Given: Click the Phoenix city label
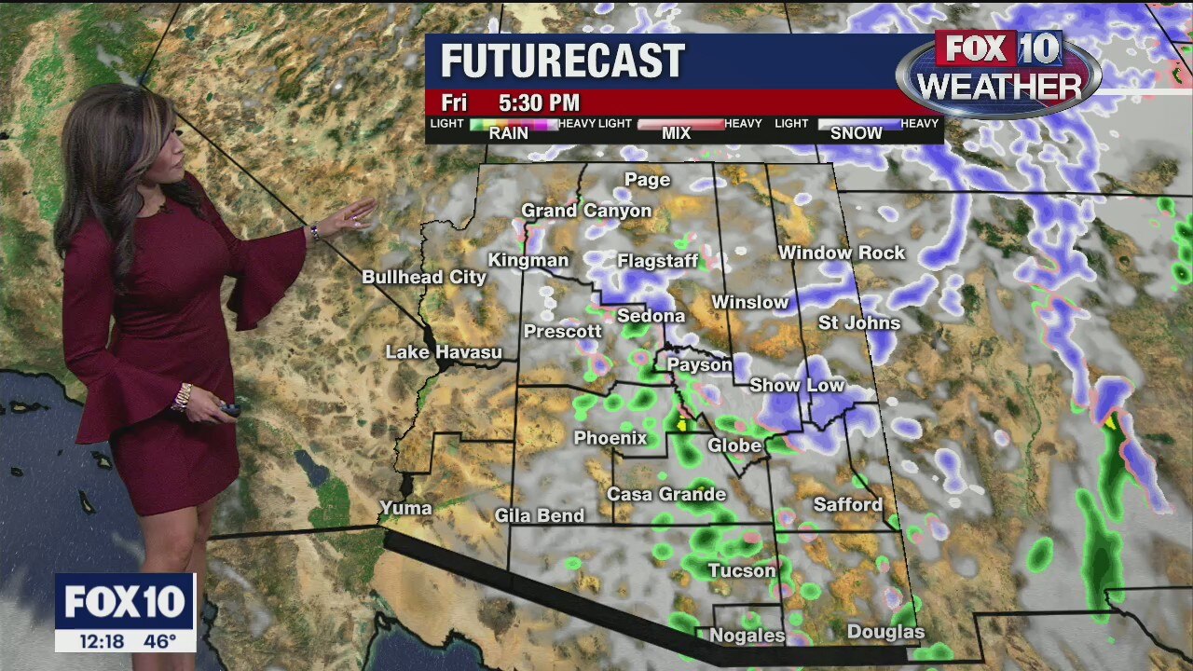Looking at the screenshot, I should pyautogui.click(x=610, y=438).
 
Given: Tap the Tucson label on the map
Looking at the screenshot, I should pyautogui.click(x=741, y=570).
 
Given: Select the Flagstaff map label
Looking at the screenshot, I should pyautogui.click(x=657, y=261).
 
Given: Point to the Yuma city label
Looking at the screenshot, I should pyautogui.click(x=405, y=508).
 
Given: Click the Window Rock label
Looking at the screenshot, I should pyautogui.click(x=842, y=253).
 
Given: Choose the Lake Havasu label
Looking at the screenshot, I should pyautogui.click(x=444, y=352).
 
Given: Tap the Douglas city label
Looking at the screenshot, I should pyautogui.click(x=885, y=633).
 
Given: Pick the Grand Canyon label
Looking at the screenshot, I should pyautogui.click(x=586, y=211).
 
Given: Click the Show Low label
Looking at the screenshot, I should pyautogui.click(x=797, y=385).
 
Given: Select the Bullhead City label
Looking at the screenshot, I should pyautogui.click(x=424, y=277).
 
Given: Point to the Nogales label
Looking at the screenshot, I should pyautogui.click(x=747, y=636).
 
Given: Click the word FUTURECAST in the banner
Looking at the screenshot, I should pyautogui.click(x=562, y=62).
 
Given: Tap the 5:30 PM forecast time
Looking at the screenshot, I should pyautogui.click(x=539, y=103).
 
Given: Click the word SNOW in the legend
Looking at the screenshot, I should pyautogui.click(x=856, y=133).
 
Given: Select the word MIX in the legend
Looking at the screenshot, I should pyautogui.click(x=676, y=133).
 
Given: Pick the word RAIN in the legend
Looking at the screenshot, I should pyautogui.click(x=508, y=133).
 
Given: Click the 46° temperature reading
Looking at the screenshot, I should pyautogui.click(x=160, y=641).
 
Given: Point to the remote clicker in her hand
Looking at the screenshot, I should pyautogui.click(x=228, y=409).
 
